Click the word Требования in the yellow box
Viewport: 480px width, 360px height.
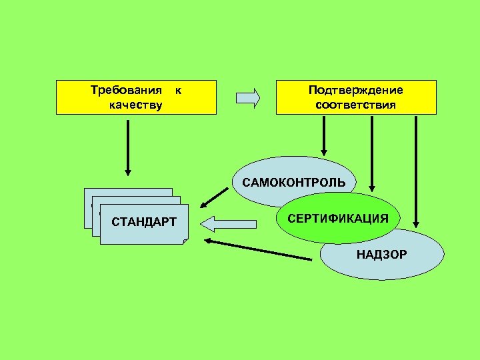126,90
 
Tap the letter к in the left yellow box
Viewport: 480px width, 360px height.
178,90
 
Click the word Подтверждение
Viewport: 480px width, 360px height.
356,90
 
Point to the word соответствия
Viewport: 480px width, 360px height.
356,105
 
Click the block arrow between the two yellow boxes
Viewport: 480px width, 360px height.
247,98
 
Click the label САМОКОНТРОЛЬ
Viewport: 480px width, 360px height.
294,182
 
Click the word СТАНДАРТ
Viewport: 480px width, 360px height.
144,221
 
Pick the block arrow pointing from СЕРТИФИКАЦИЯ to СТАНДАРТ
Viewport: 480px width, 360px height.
229,221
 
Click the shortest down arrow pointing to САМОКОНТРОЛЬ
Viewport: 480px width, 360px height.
323,137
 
